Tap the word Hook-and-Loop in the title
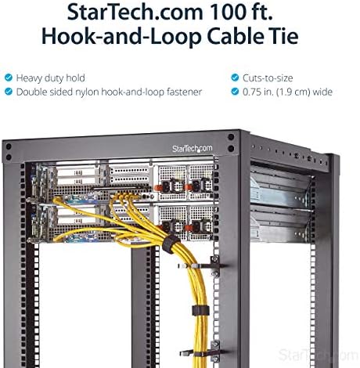click(121, 36)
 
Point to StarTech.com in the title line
click(135, 12)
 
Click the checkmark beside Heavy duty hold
click(9, 78)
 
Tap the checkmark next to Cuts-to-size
click(235, 78)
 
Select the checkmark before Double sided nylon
click(9, 92)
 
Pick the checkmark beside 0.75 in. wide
click(235, 92)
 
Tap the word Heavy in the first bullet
click(29, 78)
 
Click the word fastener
click(184, 92)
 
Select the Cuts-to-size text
click(268, 78)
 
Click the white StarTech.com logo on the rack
click(192, 149)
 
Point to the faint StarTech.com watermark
click(319, 355)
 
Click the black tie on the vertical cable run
click(200, 310)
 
